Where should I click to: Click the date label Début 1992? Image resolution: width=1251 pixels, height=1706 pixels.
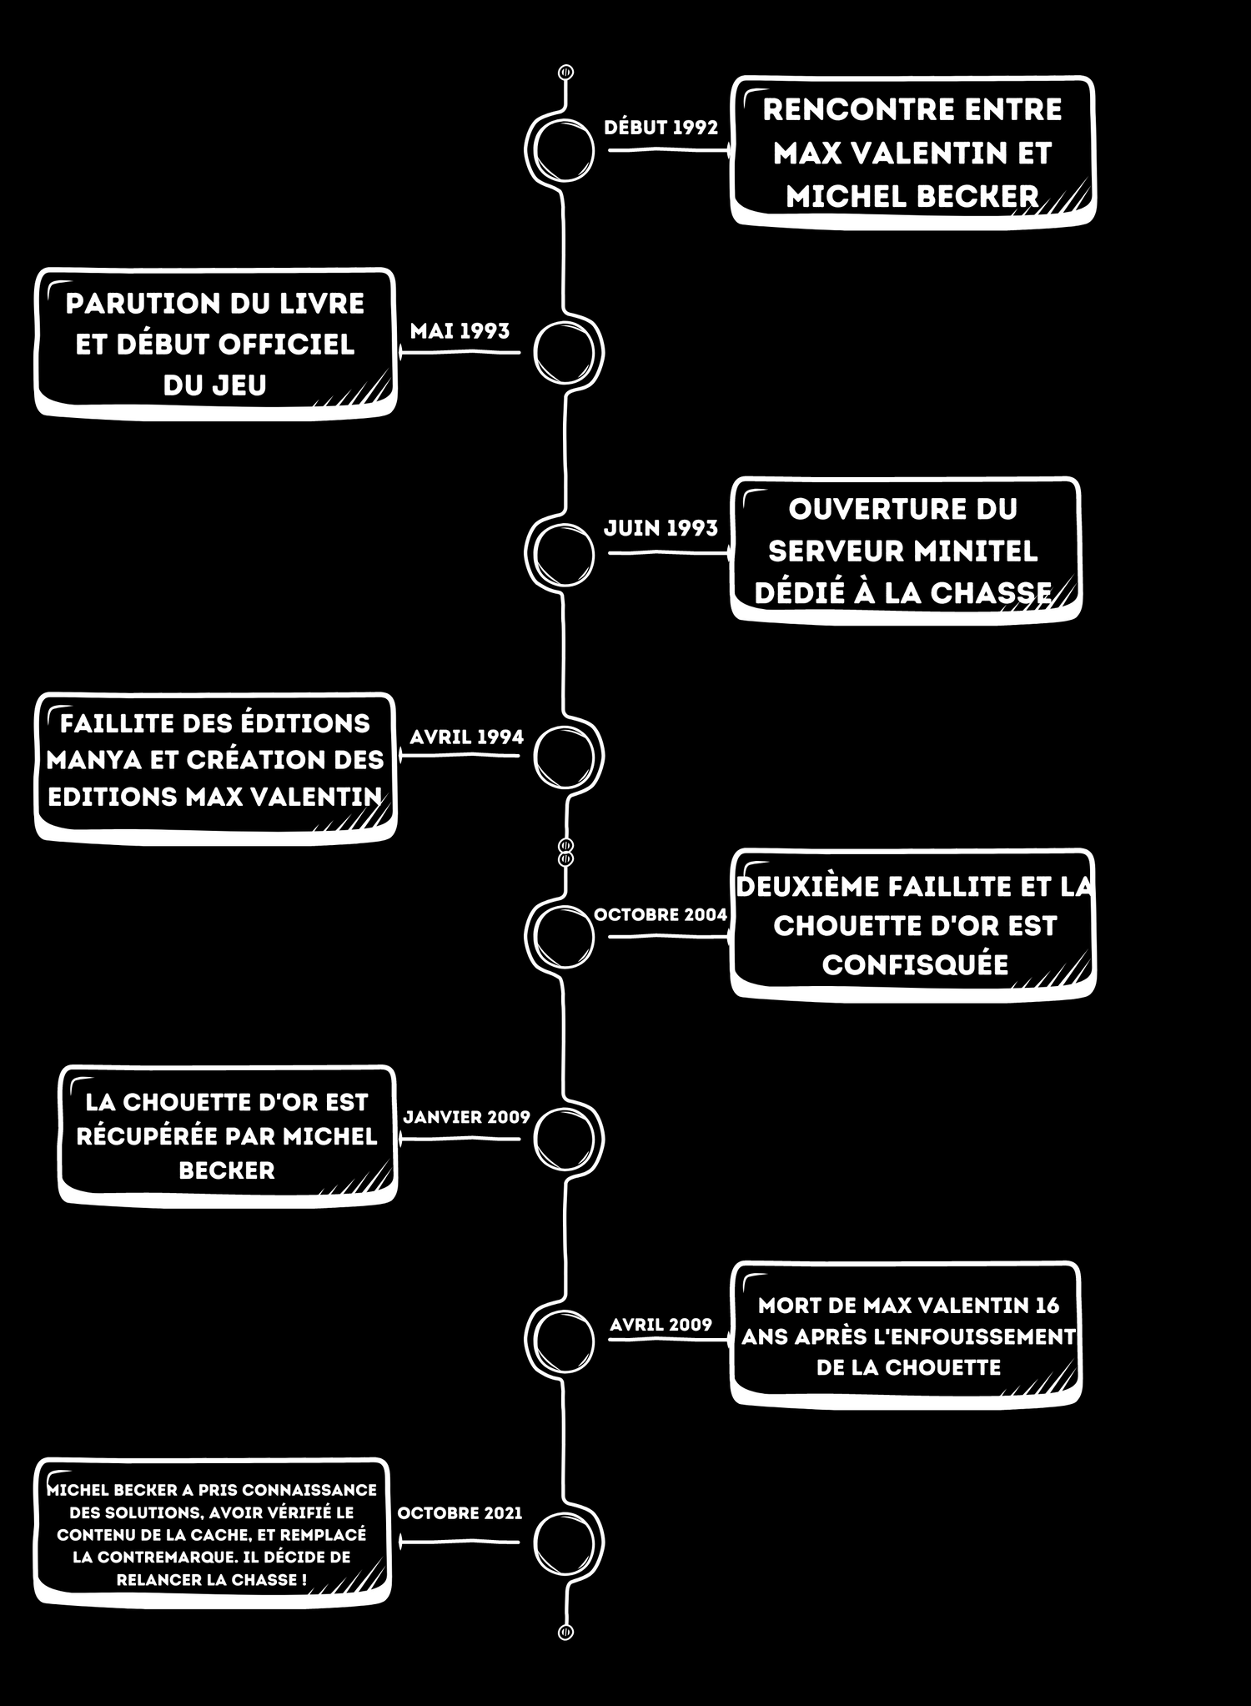pyautogui.click(x=661, y=128)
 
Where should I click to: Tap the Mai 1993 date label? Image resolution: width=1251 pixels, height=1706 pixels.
pyautogui.click(x=460, y=331)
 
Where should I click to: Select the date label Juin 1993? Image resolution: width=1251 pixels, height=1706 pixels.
pyautogui.click(x=661, y=528)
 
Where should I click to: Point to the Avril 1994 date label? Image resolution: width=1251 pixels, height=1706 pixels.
pyautogui.click(x=466, y=737)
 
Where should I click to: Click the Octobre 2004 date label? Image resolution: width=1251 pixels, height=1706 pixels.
pyautogui.click(x=661, y=914)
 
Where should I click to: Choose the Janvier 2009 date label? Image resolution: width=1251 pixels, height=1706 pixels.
pyautogui.click(x=466, y=1117)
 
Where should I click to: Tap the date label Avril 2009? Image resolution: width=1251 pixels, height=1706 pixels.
pyautogui.click(x=661, y=1325)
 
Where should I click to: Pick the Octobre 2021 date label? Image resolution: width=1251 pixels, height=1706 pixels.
pyautogui.click(x=460, y=1513)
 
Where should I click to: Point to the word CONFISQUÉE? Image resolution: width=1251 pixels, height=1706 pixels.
pyautogui.click(x=915, y=964)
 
